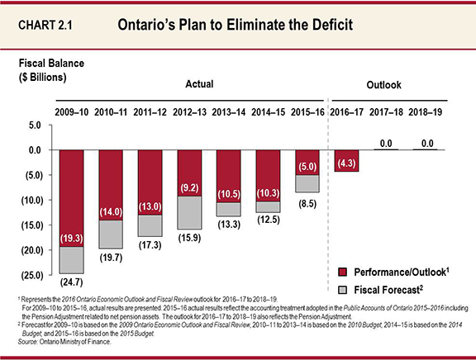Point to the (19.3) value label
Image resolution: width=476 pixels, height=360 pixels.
69,239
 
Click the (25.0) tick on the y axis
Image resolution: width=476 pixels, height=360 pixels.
27,274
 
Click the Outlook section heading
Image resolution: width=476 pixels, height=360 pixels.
383,85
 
